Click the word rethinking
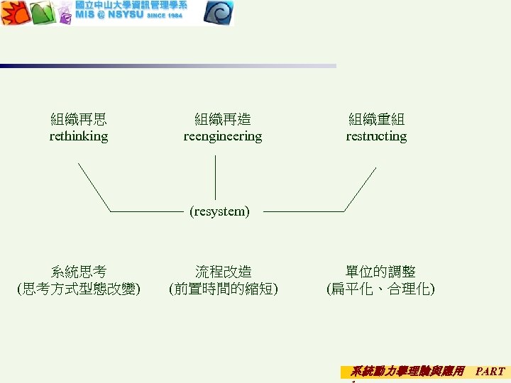[x=79, y=136]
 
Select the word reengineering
[x=223, y=136]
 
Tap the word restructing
[x=376, y=136]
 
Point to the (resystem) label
[x=219, y=211]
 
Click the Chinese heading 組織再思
[x=79, y=119]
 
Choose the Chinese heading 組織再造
[x=223, y=119]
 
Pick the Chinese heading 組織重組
[x=376, y=119]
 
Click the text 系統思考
[x=79, y=272]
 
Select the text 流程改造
[x=223, y=272]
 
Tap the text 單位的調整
[x=380, y=272]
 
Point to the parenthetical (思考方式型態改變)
[x=79, y=289]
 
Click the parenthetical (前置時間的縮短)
[x=223, y=289]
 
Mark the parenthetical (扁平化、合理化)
[x=380, y=289]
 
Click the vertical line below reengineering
[x=215, y=177]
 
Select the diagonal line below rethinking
[x=94, y=187]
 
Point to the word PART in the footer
[x=490, y=371]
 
